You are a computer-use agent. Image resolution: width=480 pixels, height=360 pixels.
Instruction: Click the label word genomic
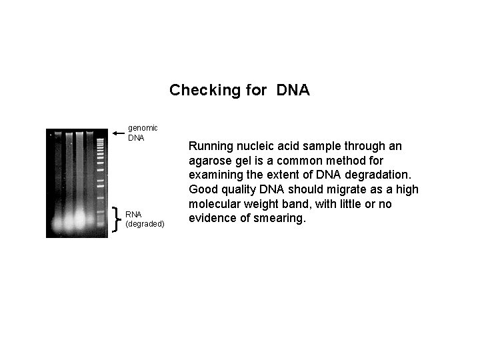pos(143,127)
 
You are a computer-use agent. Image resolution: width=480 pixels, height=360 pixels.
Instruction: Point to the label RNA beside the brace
pos(134,214)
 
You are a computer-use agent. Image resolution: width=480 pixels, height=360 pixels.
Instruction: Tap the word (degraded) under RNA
pos(145,224)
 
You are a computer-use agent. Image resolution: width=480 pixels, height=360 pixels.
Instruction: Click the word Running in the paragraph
pos(209,145)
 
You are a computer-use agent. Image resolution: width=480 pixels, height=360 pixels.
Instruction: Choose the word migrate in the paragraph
pos(317,189)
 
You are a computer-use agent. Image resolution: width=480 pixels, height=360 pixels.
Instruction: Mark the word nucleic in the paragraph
pos(254,145)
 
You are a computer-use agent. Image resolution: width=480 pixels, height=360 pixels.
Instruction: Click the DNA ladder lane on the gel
pos(100,180)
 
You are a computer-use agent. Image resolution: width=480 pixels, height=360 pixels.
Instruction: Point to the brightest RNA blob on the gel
pos(80,219)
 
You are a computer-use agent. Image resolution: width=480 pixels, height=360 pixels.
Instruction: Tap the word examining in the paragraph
pos(215,175)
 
